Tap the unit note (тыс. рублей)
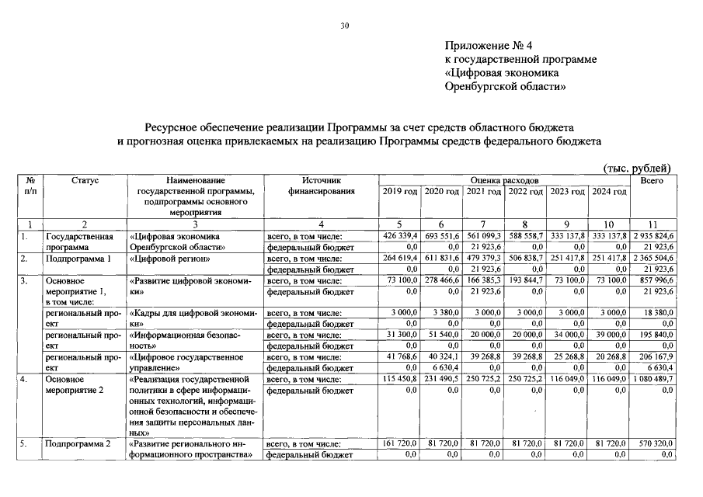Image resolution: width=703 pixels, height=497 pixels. click(x=637, y=169)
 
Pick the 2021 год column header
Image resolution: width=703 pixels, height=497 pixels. click(x=485, y=191)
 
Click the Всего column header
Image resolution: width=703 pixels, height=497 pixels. click(x=652, y=179)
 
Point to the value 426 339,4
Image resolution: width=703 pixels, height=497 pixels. click(x=401, y=235)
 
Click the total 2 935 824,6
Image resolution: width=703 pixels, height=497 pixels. click(x=651, y=235)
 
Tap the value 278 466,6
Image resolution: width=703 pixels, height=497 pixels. click(x=444, y=280)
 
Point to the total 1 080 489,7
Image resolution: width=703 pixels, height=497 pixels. click(x=652, y=378)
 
